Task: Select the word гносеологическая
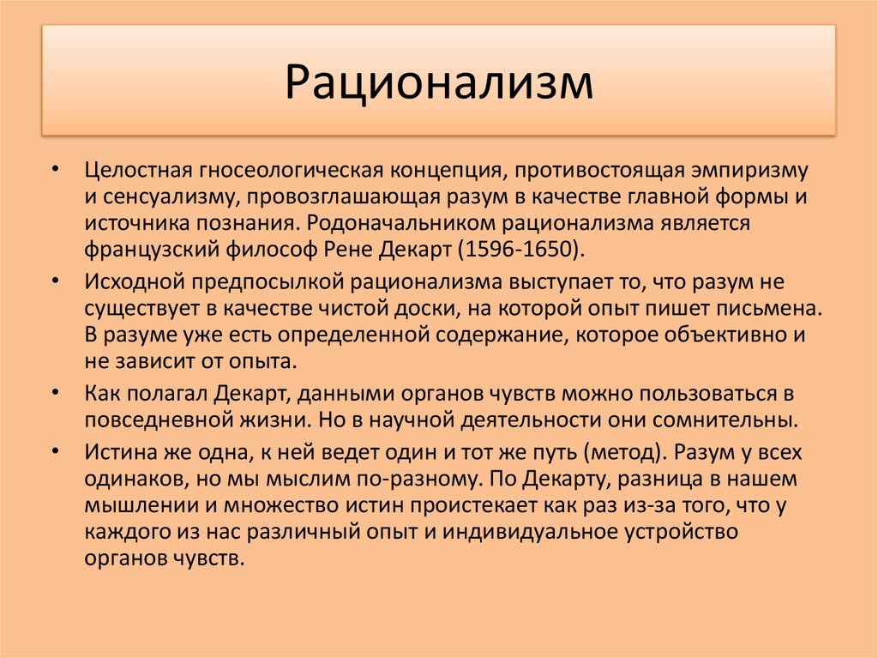pos(288,171)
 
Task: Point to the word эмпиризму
pos(749,171)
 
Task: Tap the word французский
pos(152,250)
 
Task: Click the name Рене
pos(348,250)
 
